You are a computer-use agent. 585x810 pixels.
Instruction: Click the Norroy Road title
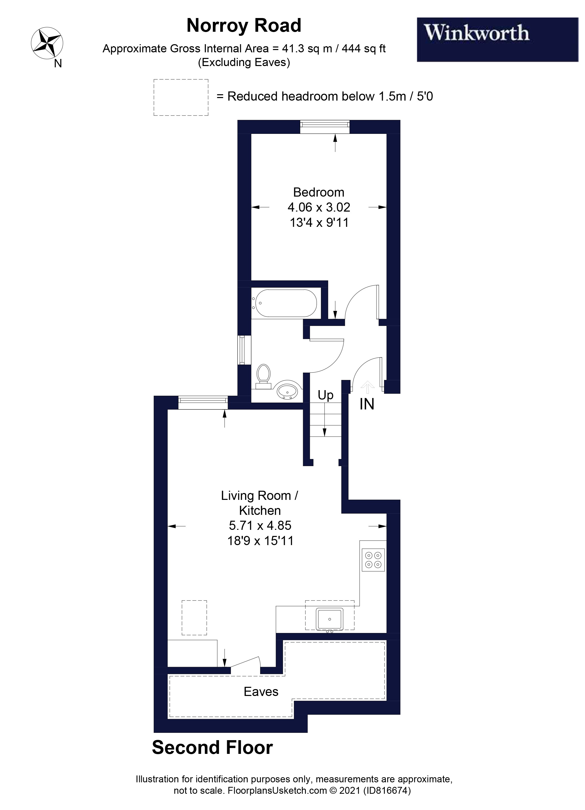(244, 26)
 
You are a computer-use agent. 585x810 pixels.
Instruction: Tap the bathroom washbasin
(288, 391)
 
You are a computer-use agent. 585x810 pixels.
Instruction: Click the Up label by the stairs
(325, 395)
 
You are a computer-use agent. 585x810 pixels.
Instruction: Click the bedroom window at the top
(325, 126)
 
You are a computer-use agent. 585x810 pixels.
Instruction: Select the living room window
(203, 403)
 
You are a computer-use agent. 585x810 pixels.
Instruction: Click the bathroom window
(245, 350)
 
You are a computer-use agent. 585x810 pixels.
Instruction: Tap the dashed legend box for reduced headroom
(181, 97)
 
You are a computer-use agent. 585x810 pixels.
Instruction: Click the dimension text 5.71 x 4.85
(260, 525)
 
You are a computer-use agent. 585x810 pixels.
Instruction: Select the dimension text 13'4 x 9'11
(319, 223)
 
